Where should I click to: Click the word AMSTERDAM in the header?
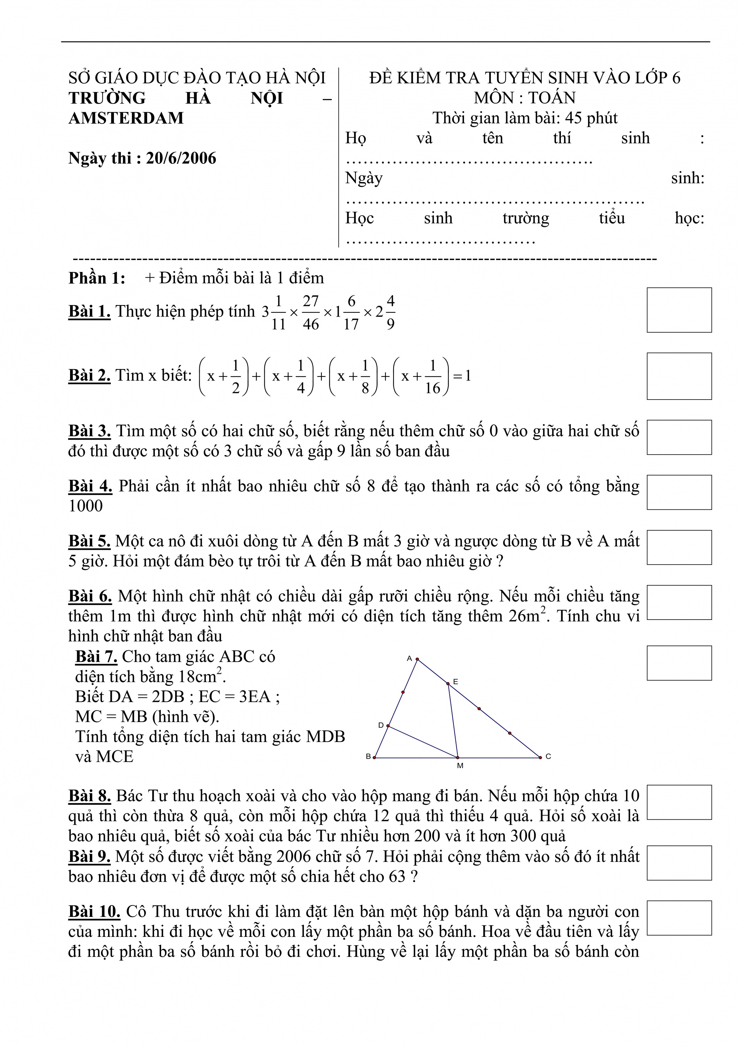pos(126,118)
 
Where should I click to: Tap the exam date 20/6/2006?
pos(181,158)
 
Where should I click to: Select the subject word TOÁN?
pos(552,98)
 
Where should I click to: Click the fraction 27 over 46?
pos(311,312)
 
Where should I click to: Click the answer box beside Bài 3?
pos(679,437)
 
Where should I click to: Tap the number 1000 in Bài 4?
pos(86,506)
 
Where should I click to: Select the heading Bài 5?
pos(89,541)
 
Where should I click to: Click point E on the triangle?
pos(448,683)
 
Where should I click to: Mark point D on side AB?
pos(388,726)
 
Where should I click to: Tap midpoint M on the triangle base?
pos(458,758)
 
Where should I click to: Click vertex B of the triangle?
pos(374,758)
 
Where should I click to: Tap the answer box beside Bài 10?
pos(679,918)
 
